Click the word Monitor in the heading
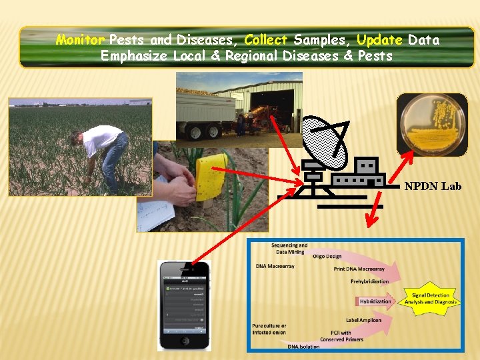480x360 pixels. click(x=80, y=40)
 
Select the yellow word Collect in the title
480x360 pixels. click(x=266, y=40)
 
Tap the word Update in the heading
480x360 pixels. click(x=379, y=40)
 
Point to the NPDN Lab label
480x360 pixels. click(x=433, y=187)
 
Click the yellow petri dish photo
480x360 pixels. click(x=431, y=125)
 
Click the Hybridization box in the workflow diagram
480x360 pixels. click(x=375, y=301)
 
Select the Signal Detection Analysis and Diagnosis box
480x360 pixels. click(x=431, y=298)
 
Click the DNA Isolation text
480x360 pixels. click(x=303, y=346)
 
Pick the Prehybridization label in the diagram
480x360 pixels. click(x=369, y=281)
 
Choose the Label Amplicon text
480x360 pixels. click(x=363, y=320)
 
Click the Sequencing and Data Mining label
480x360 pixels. click(x=289, y=248)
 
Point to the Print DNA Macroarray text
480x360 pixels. click(x=359, y=269)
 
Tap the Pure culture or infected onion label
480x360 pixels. click(x=269, y=329)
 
